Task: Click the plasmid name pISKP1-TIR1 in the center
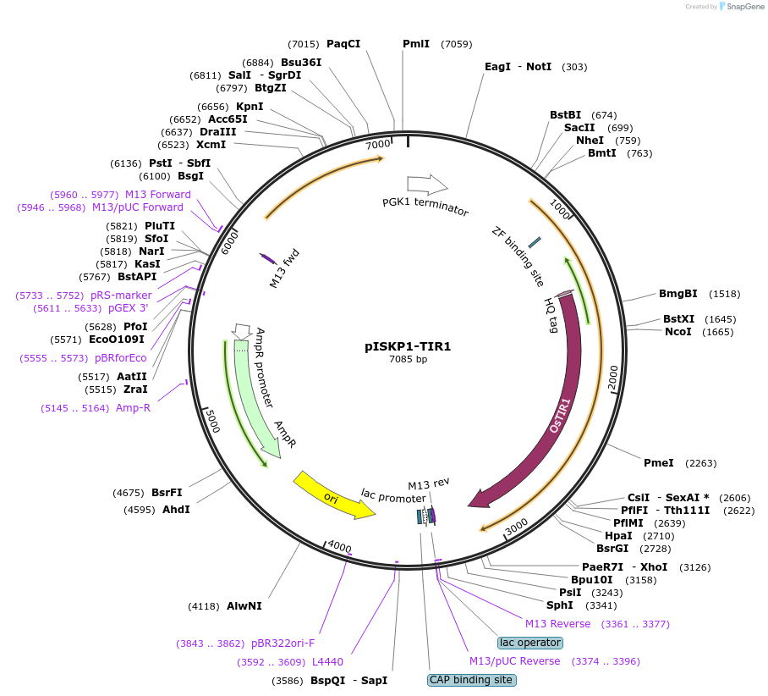408,346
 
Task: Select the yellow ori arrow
333,496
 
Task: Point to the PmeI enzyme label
659,463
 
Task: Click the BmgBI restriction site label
678,294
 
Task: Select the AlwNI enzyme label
244,606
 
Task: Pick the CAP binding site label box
471,680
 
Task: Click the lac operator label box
530,643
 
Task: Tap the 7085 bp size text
408,359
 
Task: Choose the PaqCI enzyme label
343,44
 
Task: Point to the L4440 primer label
327,661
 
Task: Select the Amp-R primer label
134,408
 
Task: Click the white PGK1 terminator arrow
427,184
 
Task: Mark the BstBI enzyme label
566,115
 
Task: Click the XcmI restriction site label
211,145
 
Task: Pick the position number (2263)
700,463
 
